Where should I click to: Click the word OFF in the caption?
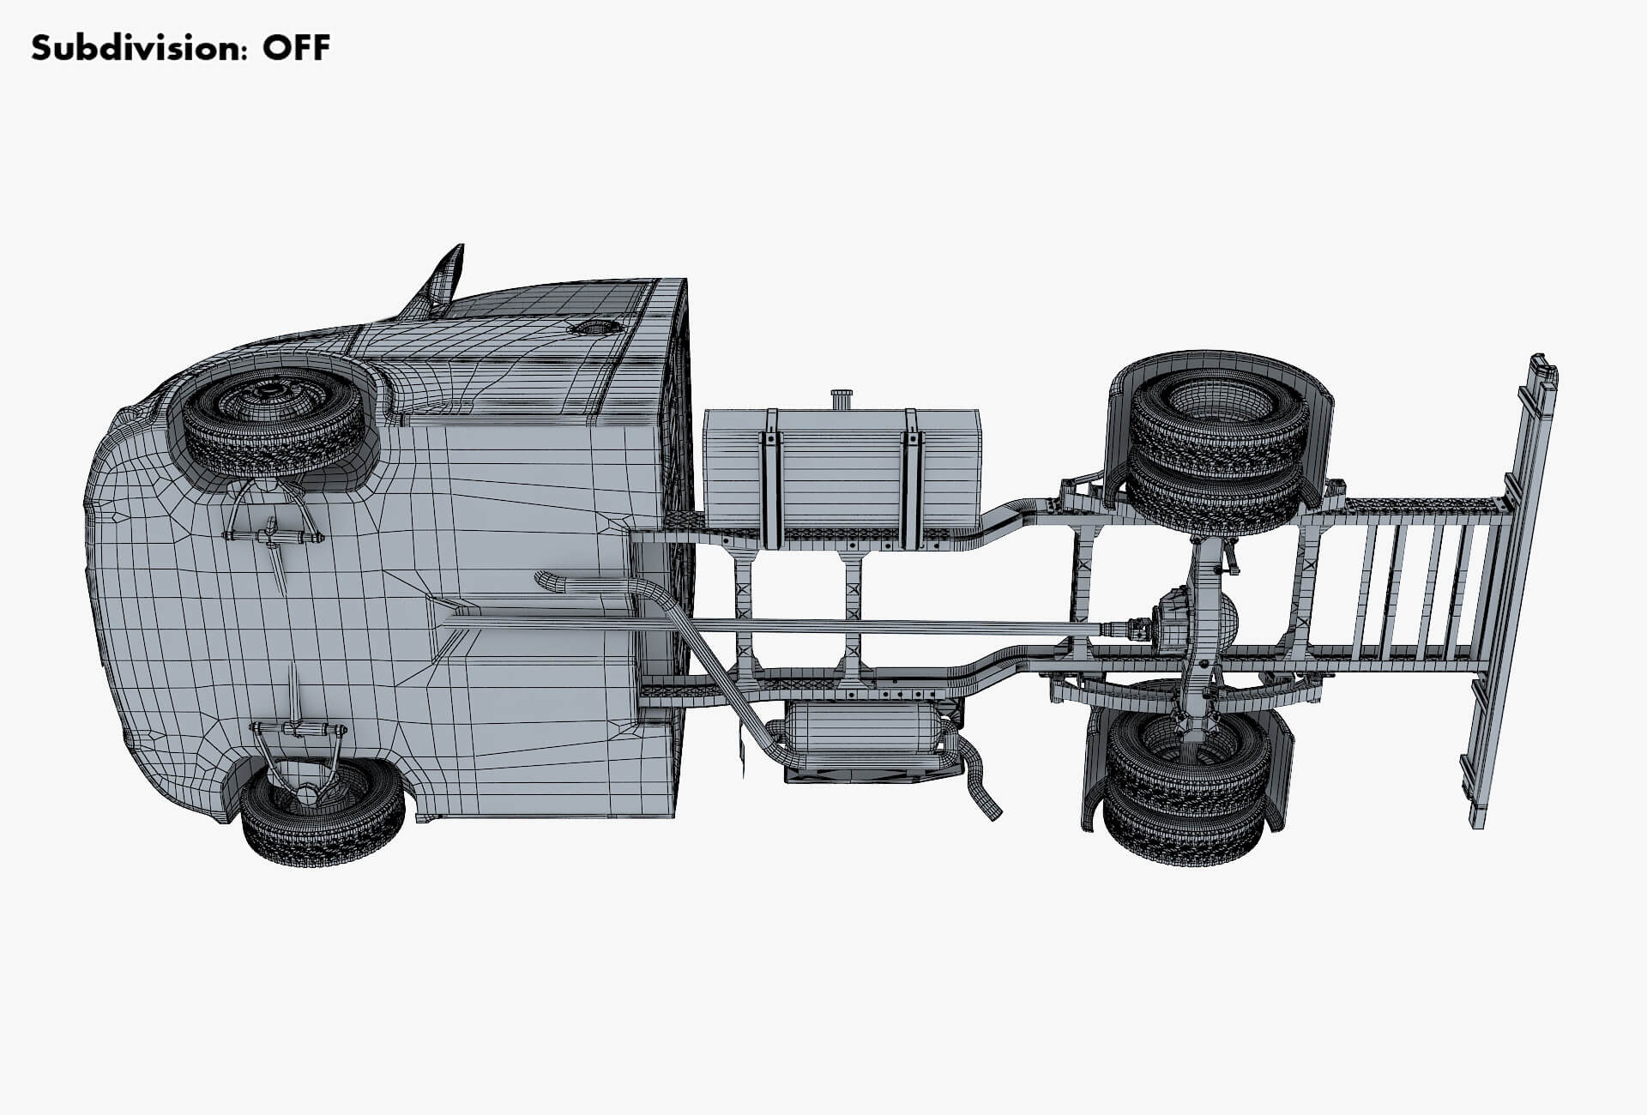coord(296,48)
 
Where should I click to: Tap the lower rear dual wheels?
coord(1187,785)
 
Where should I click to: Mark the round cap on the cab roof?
coord(591,328)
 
